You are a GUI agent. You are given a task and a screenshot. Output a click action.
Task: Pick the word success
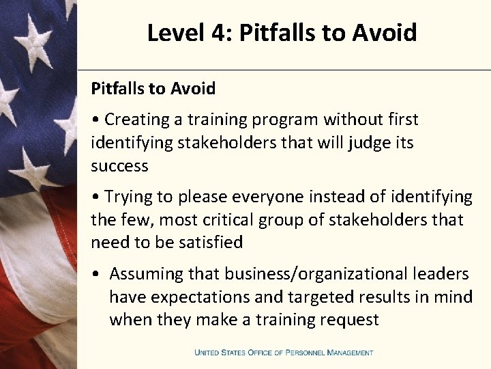click(x=119, y=166)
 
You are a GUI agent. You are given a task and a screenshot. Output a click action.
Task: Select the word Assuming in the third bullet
click(x=148, y=274)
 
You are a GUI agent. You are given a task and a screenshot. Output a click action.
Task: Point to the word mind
click(x=453, y=297)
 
